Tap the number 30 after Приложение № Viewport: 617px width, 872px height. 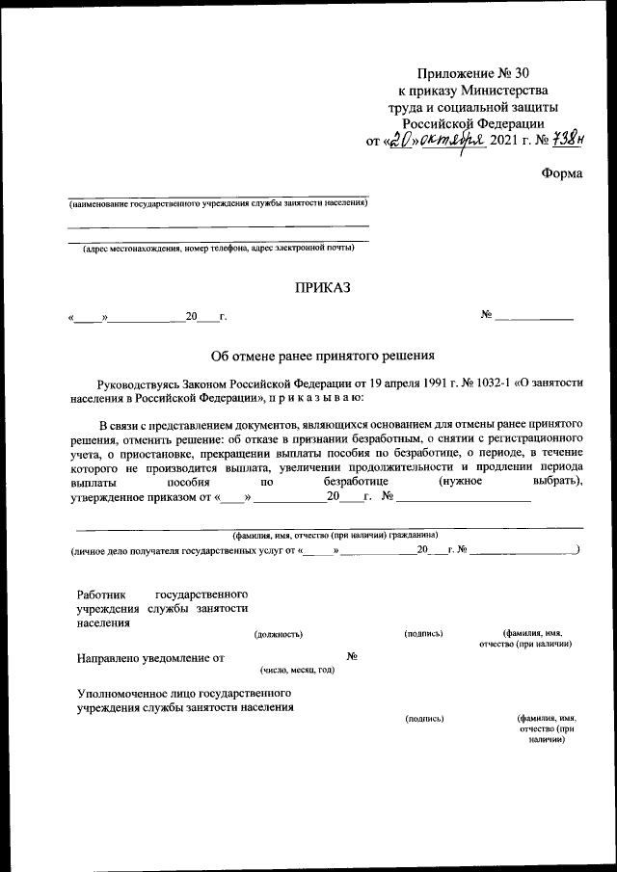[x=522, y=73]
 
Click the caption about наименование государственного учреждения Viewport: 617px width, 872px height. [x=216, y=204]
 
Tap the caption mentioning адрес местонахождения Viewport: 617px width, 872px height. [x=218, y=249]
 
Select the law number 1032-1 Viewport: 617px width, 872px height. [x=472, y=383]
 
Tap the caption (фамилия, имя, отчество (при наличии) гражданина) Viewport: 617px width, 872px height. [x=335, y=534]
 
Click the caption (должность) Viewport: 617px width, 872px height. [x=278, y=633]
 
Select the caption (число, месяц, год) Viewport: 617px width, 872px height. [x=297, y=670]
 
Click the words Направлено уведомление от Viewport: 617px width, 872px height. [x=149, y=658]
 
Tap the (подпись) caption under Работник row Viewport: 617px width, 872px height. [x=424, y=633]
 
